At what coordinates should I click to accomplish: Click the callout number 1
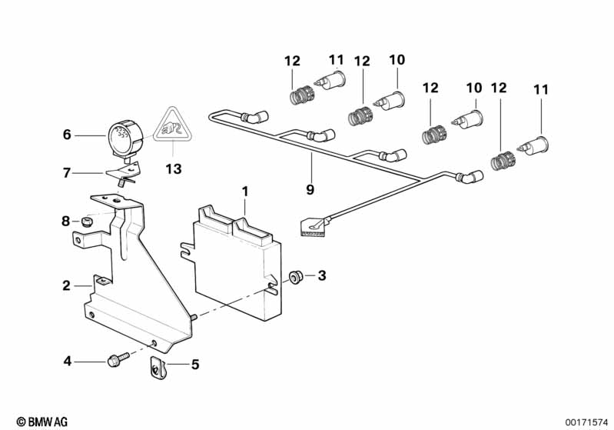tap(245, 189)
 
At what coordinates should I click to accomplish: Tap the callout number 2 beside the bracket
tap(66, 286)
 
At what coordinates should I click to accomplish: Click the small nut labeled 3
tap(294, 276)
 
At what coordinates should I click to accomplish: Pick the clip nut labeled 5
tap(156, 371)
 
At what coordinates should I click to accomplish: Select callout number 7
tap(67, 173)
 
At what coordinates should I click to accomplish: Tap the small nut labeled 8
tap(87, 222)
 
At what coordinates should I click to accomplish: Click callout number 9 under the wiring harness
tap(311, 188)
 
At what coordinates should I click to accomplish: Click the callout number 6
tap(67, 134)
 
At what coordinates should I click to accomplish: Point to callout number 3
tap(321, 275)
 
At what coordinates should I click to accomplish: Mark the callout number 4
tap(67, 360)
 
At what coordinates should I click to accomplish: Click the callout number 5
tap(194, 365)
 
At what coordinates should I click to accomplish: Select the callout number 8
tap(66, 222)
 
